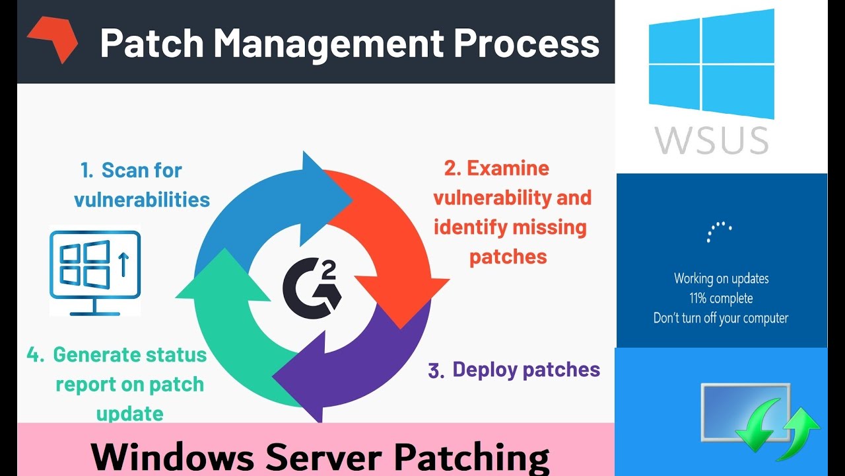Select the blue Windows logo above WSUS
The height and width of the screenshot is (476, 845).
(711, 64)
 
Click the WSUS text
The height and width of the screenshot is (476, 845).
(712, 140)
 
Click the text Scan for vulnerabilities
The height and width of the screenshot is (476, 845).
(141, 184)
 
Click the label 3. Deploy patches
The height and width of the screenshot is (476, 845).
(514, 370)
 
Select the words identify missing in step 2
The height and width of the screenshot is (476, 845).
(510, 227)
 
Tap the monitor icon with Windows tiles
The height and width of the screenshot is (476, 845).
(95, 272)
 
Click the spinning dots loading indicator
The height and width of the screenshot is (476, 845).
(720, 231)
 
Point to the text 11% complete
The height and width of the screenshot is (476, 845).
(721, 298)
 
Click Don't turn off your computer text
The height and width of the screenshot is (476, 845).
(721, 318)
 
